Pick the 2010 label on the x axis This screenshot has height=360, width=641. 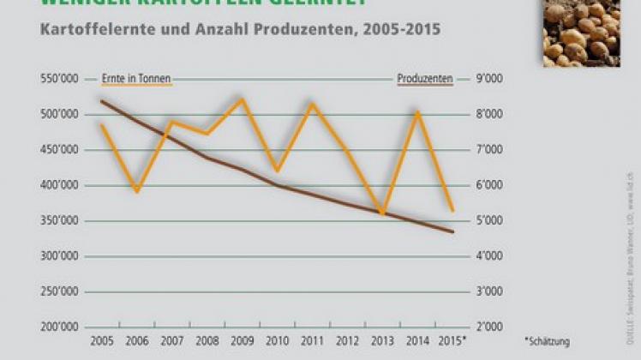click(x=277, y=341)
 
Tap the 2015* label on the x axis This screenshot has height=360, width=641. click(x=453, y=341)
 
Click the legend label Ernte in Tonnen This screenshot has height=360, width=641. click(x=136, y=79)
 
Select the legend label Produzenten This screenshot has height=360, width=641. click(x=425, y=79)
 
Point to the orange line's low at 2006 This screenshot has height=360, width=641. click(x=136, y=191)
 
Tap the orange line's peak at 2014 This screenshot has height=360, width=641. click(x=417, y=111)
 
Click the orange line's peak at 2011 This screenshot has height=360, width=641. click(x=312, y=104)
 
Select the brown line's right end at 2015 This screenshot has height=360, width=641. click(x=453, y=231)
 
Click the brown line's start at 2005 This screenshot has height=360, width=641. click(x=101, y=101)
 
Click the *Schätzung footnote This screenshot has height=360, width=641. click(x=547, y=341)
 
